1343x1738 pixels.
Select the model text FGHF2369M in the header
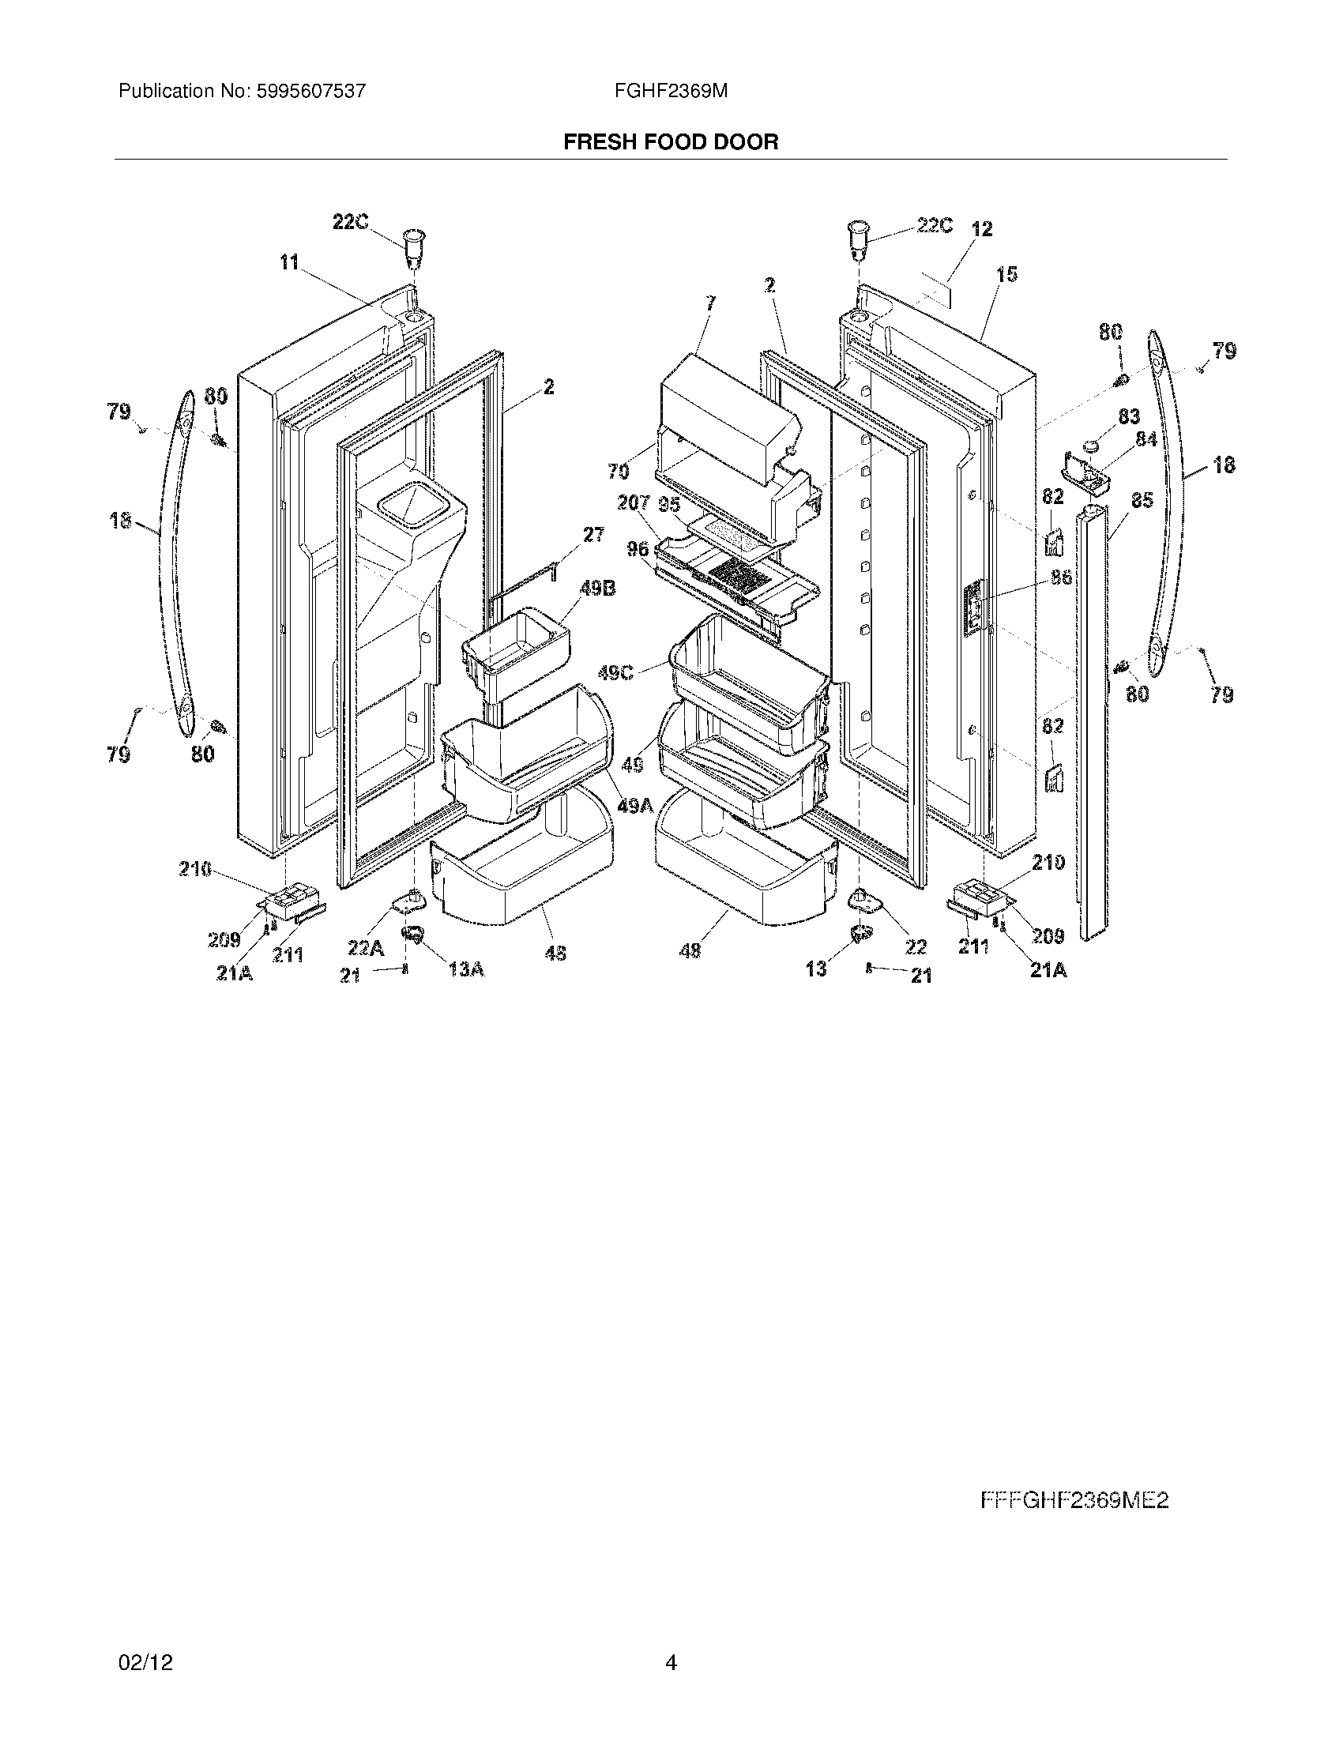670,91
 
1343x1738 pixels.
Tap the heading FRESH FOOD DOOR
671,141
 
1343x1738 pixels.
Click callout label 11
289,261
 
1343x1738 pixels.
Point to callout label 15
1006,275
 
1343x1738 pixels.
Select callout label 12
982,229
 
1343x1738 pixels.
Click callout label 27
593,535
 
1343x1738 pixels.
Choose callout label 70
619,472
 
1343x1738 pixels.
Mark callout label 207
634,503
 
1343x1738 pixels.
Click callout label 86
1062,577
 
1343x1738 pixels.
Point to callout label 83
1129,416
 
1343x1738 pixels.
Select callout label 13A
466,969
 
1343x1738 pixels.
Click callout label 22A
365,948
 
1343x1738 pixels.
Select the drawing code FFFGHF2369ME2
1074,1500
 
